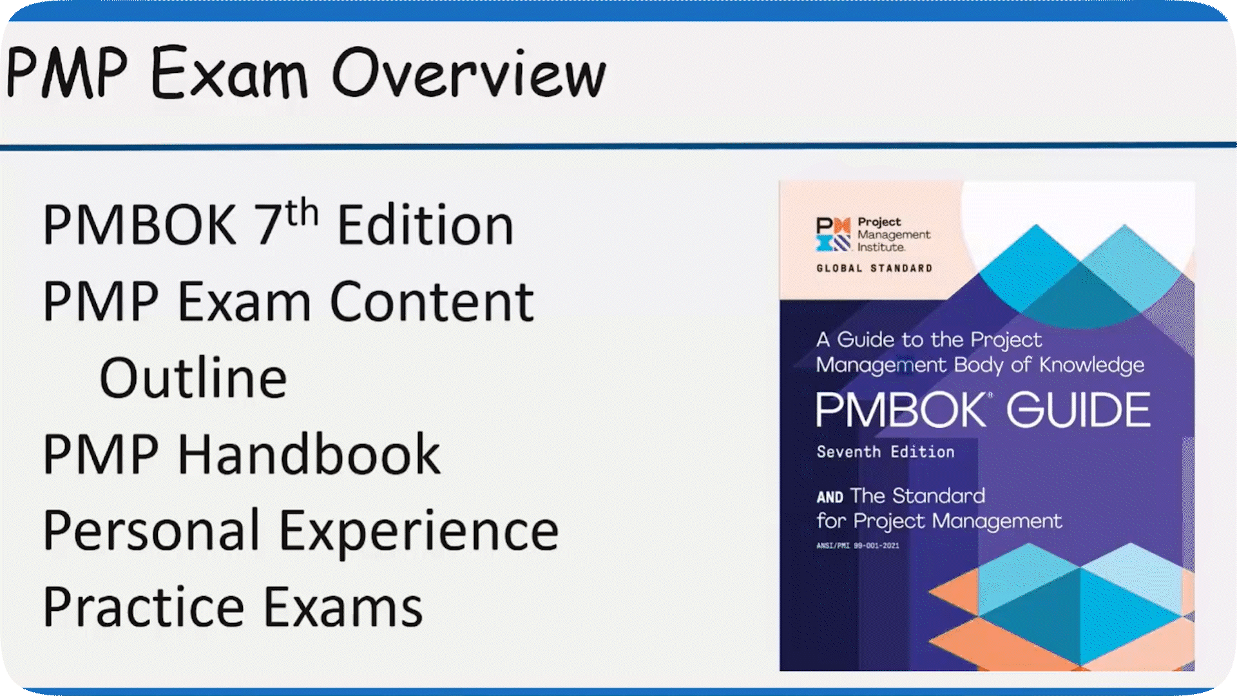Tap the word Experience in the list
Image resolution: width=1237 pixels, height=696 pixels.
419,532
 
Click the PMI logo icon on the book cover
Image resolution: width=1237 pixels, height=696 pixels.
833,234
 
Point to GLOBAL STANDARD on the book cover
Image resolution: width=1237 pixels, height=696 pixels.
874,268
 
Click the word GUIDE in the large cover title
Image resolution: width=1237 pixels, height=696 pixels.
1079,410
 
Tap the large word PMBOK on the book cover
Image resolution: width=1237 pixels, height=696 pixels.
900,410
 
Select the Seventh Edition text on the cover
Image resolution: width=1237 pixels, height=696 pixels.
885,452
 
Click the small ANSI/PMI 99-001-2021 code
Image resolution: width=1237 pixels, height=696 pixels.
858,545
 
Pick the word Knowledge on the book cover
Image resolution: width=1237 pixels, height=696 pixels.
1091,365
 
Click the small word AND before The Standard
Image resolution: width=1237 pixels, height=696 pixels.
830,497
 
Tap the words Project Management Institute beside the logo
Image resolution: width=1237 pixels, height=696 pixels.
894,235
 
